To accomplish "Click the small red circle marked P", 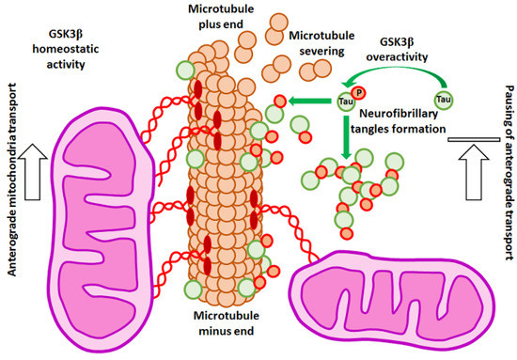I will click(x=359, y=91).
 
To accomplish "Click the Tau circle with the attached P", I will click(x=347, y=101).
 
